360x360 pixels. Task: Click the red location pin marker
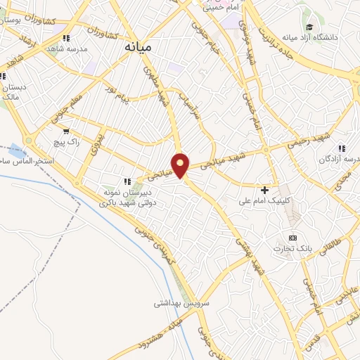181,166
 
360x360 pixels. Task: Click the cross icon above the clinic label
264,190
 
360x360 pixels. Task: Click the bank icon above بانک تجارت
293,238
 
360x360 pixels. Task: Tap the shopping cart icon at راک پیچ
66,131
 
